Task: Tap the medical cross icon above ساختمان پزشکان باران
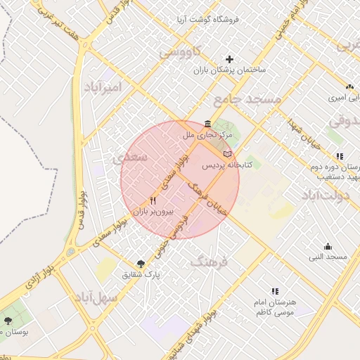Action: click(x=229, y=59)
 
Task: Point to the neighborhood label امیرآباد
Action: click(x=103, y=87)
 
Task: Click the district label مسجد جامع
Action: click(x=247, y=99)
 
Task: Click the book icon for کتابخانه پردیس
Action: click(x=226, y=153)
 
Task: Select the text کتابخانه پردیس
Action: click(x=226, y=165)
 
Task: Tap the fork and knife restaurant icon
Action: click(x=153, y=200)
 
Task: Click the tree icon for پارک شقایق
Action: click(x=142, y=263)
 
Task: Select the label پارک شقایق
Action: click(x=143, y=274)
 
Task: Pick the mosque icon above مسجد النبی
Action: click(x=328, y=246)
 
